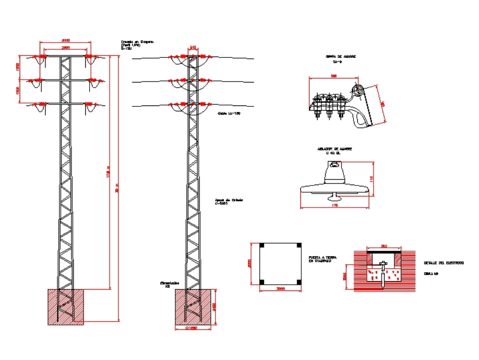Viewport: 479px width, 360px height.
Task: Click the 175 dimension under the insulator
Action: (335, 205)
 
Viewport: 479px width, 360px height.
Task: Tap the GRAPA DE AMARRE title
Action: (341, 57)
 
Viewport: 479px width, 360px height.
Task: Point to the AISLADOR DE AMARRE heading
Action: (334, 149)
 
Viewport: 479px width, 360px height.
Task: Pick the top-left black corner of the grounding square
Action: (262, 245)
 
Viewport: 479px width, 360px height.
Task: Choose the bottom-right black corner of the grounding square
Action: (298, 281)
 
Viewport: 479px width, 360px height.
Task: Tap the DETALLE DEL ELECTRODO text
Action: (443, 263)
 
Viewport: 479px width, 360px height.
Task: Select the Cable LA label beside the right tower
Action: (228, 114)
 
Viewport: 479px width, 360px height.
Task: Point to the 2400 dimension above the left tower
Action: (66, 48)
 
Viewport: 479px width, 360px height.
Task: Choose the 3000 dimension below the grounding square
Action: (280, 289)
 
